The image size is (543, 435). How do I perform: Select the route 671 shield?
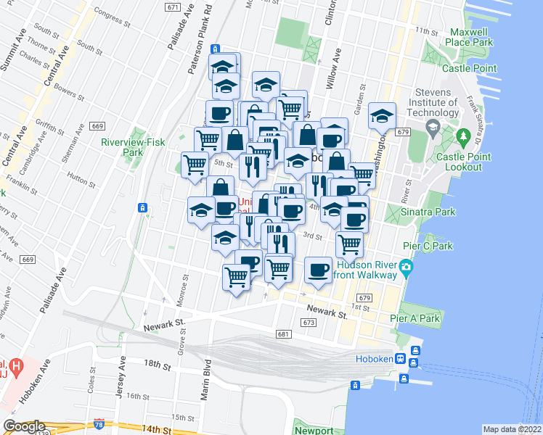pos(172,7)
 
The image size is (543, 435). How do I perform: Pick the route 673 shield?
pos(309,323)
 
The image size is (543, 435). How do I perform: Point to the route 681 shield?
pos(283,334)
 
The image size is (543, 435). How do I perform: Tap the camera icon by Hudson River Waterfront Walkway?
pos(405,267)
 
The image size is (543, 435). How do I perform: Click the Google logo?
pos(24,426)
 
